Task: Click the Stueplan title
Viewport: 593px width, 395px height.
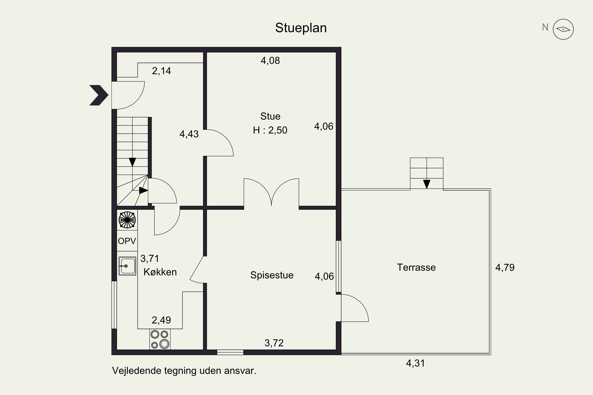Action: [301, 28]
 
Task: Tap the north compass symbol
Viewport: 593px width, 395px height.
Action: [563, 29]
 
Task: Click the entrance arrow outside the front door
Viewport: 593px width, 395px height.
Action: [99, 95]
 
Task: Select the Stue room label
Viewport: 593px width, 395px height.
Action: [270, 116]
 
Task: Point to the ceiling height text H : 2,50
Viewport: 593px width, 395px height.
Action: [270, 130]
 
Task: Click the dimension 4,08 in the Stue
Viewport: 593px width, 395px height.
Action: [270, 61]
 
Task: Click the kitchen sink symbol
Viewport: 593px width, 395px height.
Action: [127, 266]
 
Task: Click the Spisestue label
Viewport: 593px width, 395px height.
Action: [272, 275]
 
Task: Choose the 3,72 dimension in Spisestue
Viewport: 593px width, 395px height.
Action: [274, 343]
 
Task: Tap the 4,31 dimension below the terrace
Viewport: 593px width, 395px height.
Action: [415, 363]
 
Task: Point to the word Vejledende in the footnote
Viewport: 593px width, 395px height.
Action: [136, 371]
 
